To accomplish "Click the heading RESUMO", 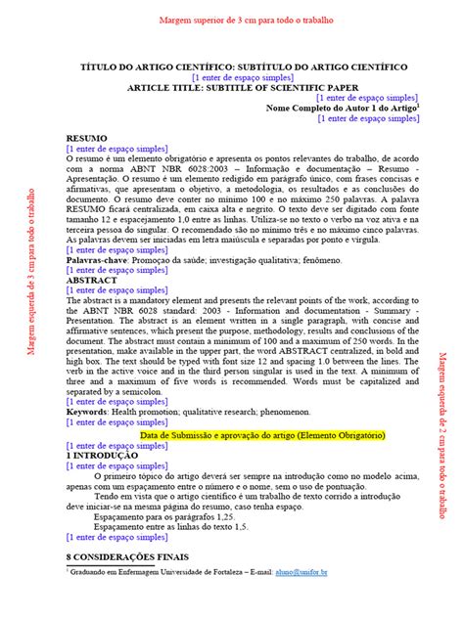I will (86, 139).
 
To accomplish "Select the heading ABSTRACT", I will (92, 280).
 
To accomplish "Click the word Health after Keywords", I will (130, 385).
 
